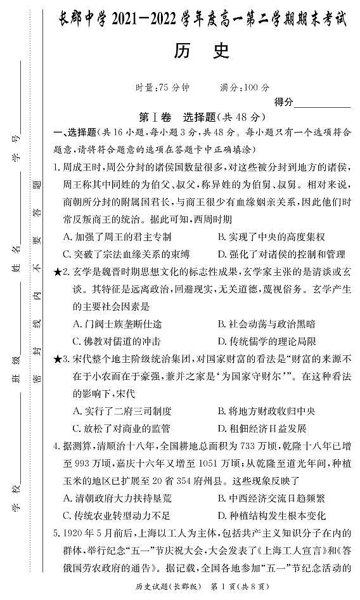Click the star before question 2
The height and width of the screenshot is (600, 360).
pos(58,271)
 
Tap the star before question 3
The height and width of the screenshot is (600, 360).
pos(58,358)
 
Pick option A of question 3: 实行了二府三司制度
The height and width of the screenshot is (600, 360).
pos(122,410)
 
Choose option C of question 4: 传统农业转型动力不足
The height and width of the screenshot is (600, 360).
pos(122,515)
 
